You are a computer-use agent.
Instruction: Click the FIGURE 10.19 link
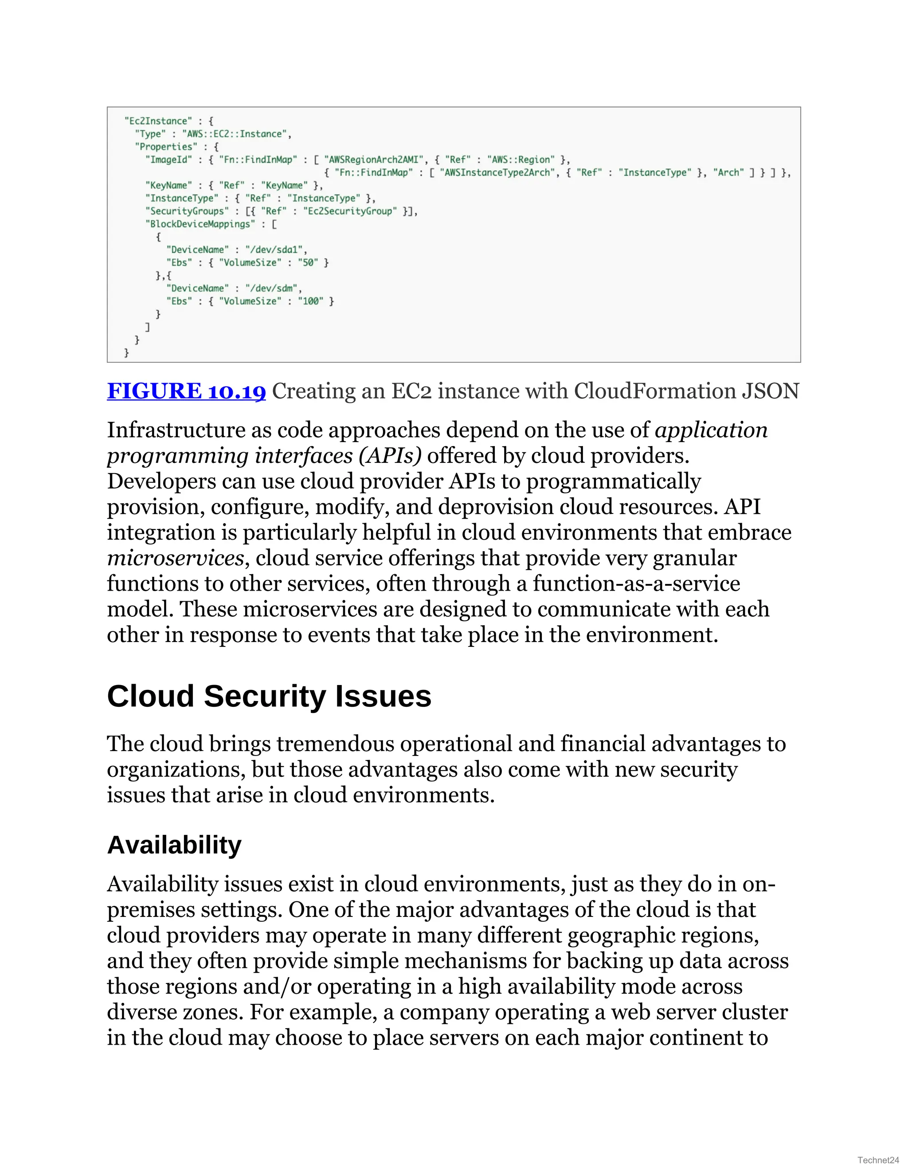(x=186, y=391)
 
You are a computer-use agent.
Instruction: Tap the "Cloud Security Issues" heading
(x=269, y=696)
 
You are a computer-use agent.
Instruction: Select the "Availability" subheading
(x=174, y=845)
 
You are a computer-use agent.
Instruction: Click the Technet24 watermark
(x=878, y=1160)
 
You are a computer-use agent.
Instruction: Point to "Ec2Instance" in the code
(x=158, y=121)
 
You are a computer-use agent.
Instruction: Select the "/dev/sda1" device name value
(x=275, y=250)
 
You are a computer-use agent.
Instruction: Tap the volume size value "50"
(x=308, y=262)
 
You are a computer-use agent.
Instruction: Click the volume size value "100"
(x=311, y=301)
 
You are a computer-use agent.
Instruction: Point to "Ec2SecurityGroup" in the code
(x=350, y=211)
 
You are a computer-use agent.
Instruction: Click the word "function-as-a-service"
(x=636, y=584)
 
